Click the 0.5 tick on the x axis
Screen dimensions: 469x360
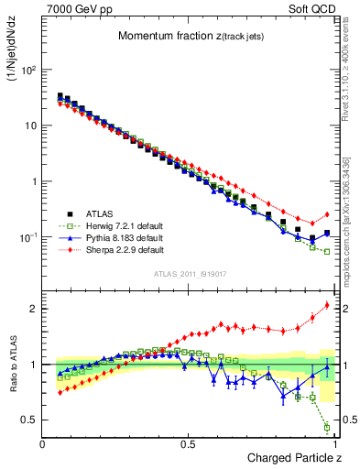189,444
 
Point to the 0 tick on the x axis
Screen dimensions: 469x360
43,444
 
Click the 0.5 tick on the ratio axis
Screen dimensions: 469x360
27,420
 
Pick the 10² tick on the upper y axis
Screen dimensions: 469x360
27,70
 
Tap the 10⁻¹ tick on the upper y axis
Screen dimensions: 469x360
27,237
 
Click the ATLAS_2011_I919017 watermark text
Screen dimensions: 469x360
189,274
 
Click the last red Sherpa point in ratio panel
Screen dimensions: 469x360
327,305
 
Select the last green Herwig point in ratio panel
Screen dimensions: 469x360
327,427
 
